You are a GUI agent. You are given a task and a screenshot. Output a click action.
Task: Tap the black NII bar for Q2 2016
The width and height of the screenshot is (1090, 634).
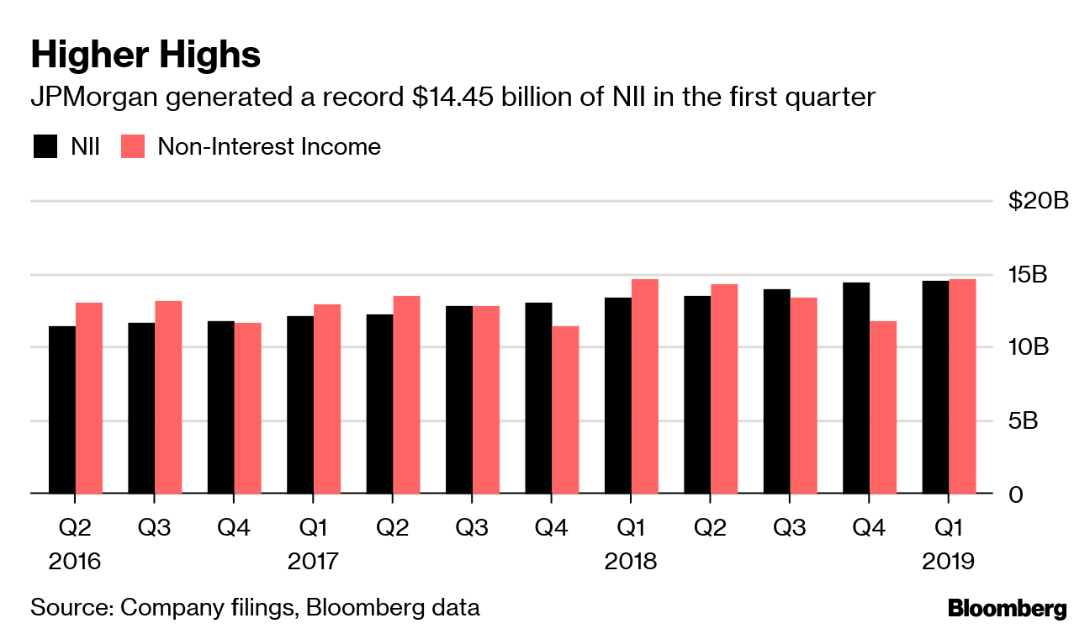[x=62, y=409]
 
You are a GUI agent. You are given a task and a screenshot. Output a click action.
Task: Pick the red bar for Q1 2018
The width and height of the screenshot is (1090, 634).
[x=645, y=386]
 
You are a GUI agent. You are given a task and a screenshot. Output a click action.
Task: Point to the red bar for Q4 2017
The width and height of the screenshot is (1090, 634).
[x=565, y=409]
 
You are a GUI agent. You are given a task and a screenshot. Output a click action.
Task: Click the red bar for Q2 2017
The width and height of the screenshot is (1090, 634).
[x=406, y=394]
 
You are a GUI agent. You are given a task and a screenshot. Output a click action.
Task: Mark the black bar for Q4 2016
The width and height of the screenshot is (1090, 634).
[x=221, y=407]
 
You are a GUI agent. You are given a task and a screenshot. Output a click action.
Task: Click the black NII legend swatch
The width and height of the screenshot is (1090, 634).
[x=45, y=147]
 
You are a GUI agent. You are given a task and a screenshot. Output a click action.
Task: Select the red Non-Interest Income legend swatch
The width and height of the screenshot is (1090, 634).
[x=135, y=147]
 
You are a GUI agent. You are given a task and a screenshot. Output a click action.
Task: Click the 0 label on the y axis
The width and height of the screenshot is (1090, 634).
[x=1017, y=494]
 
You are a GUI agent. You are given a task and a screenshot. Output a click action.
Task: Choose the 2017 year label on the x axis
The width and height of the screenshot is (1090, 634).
[x=314, y=561]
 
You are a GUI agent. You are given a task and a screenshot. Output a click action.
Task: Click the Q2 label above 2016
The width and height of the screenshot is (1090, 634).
[x=75, y=528]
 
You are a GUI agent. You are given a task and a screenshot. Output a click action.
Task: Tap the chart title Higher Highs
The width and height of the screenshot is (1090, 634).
[x=146, y=55]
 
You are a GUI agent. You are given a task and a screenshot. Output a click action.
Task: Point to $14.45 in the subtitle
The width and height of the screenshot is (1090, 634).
[x=455, y=98]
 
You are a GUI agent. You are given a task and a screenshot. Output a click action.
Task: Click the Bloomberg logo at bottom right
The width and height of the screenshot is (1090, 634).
[x=1007, y=608]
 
